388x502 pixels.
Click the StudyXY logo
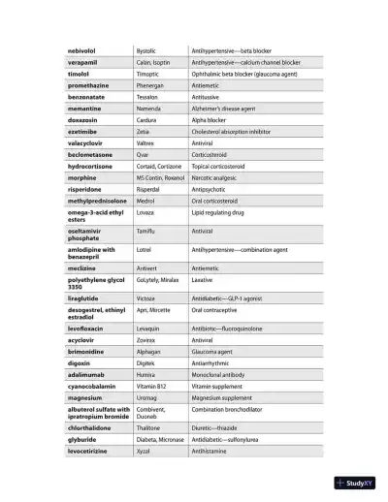pos(354,483)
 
